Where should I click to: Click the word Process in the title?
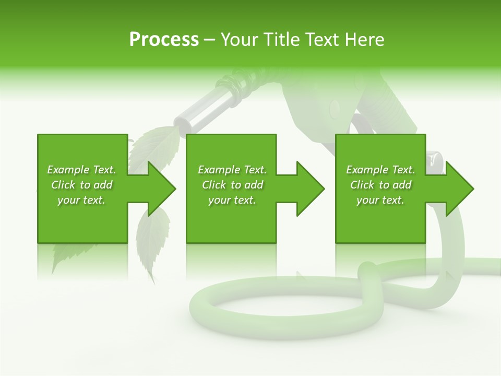click(x=164, y=40)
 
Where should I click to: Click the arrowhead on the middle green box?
click(x=309, y=189)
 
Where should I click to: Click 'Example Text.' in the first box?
click(x=81, y=170)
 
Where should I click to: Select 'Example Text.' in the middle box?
click(x=232, y=170)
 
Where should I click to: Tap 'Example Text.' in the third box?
click(x=380, y=170)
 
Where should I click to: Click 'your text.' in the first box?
click(x=81, y=200)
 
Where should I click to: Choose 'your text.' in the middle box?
click(x=232, y=200)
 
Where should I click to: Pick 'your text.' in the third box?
click(x=380, y=200)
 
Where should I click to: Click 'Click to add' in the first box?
click(x=81, y=185)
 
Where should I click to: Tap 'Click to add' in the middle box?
click(x=232, y=185)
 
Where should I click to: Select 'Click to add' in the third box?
click(x=380, y=185)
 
